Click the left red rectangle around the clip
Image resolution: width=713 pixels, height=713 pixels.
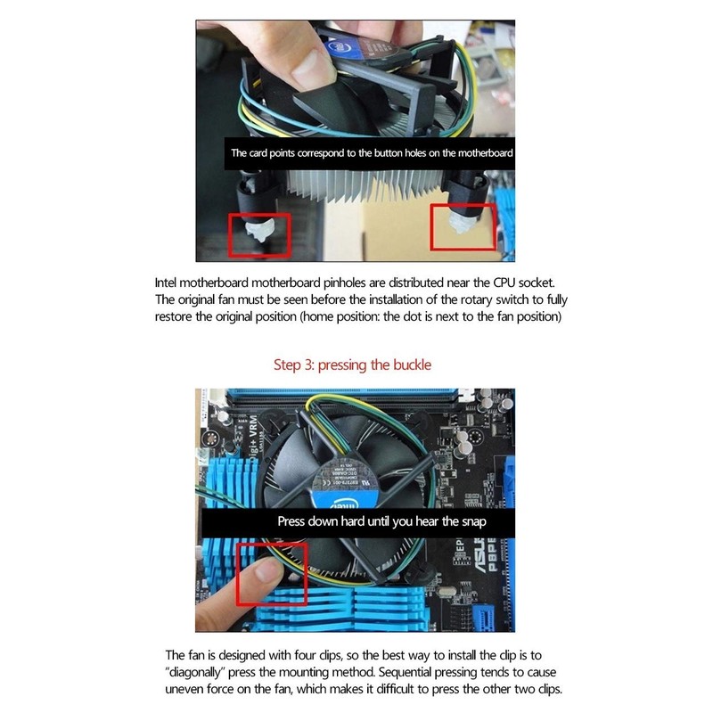click(x=258, y=233)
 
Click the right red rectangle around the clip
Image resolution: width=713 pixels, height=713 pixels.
click(x=463, y=225)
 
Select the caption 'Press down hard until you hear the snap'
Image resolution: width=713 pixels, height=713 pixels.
click(x=381, y=521)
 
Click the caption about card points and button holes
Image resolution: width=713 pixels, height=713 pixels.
click(x=371, y=153)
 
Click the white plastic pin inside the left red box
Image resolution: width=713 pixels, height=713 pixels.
click(x=254, y=234)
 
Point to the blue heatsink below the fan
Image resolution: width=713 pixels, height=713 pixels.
click(x=356, y=606)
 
